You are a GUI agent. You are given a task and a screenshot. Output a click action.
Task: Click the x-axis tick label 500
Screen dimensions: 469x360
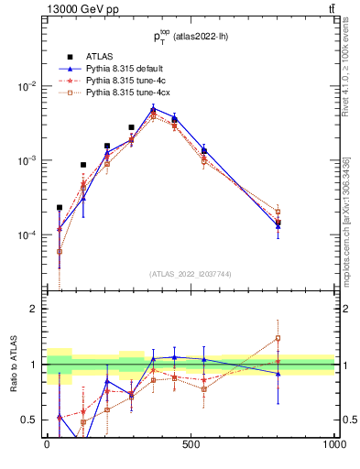(x=191, y=444)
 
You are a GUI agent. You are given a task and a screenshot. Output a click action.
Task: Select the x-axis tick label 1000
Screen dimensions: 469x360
(x=333, y=444)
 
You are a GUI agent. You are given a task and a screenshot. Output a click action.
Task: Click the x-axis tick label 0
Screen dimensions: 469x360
(x=47, y=444)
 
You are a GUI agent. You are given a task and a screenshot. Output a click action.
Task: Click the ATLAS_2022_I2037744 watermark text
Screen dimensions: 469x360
(x=191, y=273)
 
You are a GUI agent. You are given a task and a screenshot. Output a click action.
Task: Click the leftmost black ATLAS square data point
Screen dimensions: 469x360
(x=60, y=207)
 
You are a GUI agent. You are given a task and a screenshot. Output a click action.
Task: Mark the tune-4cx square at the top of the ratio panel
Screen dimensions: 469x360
(x=278, y=338)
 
